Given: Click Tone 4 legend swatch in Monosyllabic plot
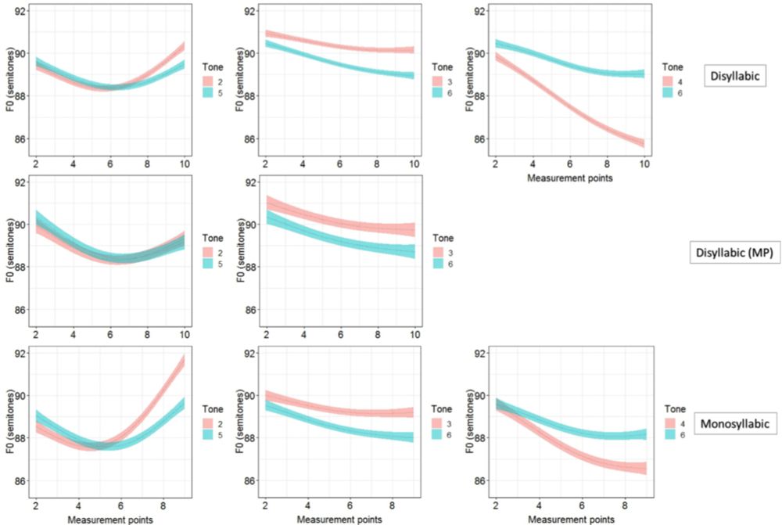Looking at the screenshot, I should [670, 422].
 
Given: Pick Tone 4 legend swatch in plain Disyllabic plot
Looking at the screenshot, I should [670, 80].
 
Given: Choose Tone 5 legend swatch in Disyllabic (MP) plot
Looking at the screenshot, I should [209, 264].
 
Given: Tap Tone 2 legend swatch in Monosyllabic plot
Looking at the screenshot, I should [209, 422].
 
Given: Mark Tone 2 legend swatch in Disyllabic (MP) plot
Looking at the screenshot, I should [209, 251].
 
